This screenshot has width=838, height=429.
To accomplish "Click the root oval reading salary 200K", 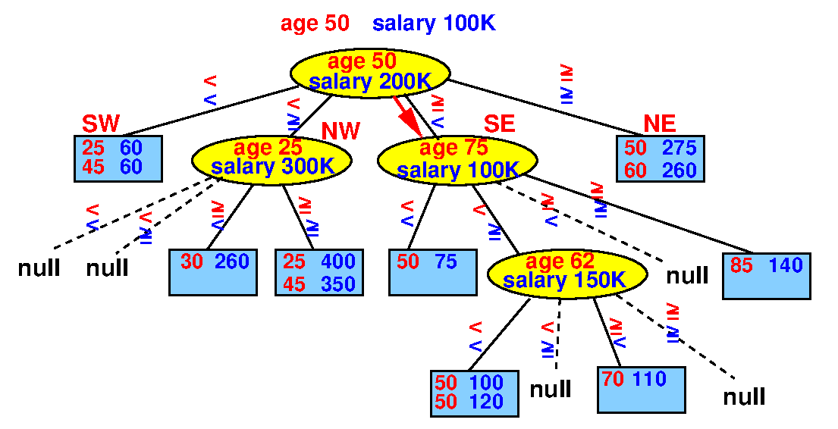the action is point(370,73).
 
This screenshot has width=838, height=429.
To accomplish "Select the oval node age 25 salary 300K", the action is point(272,159).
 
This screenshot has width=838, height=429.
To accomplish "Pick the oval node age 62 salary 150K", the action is point(567,273).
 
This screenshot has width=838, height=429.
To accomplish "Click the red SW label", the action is point(101,124).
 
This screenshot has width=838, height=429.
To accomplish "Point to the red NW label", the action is point(341,131).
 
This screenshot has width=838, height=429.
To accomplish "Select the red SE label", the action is point(500,124).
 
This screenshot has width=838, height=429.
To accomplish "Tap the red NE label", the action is point(660,124).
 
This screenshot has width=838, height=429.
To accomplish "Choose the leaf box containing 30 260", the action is point(213,272).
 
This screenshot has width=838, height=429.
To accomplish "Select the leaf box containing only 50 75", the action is point(433,272).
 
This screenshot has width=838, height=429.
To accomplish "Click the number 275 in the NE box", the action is point(680,148).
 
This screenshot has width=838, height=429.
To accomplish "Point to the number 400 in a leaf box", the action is point(338,261).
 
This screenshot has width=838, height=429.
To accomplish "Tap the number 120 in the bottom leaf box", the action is point(487,402).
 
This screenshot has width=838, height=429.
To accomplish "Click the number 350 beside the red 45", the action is point(338,284).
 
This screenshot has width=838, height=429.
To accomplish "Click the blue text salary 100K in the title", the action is point(434,23).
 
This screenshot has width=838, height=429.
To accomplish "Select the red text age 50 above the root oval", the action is point(315,23).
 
